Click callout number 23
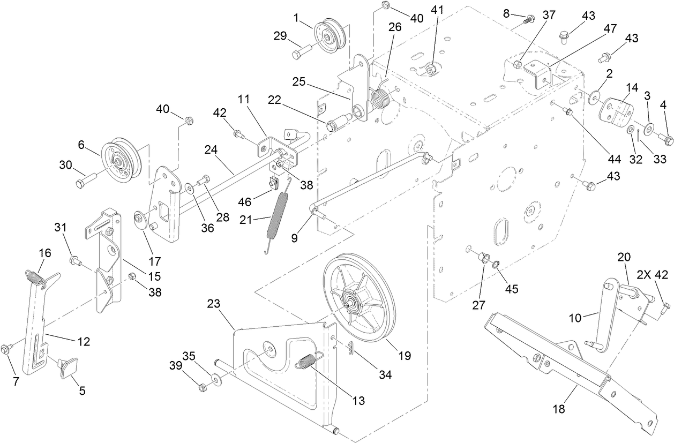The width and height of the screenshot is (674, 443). coord(213,303)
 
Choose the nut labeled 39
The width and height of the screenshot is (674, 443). coord(203,387)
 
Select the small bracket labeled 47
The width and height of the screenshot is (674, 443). coord(537,72)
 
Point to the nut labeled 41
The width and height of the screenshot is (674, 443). coord(431,70)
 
